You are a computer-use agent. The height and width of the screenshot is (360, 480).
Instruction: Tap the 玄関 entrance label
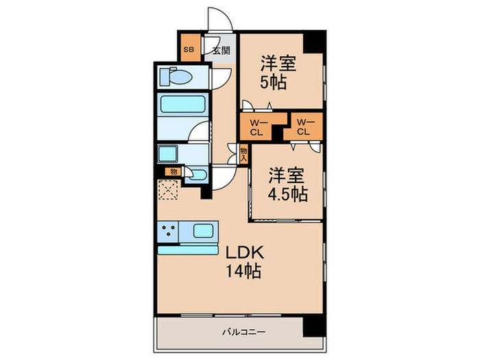click(x=221, y=50)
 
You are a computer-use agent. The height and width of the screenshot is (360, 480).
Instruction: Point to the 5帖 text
click(x=273, y=83)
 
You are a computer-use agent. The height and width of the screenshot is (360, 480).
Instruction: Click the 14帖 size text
click(x=242, y=272)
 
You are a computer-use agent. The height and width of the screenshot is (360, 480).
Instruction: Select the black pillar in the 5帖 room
click(x=313, y=41)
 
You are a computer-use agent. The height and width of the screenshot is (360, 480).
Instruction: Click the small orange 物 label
click(x=173, y=173)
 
